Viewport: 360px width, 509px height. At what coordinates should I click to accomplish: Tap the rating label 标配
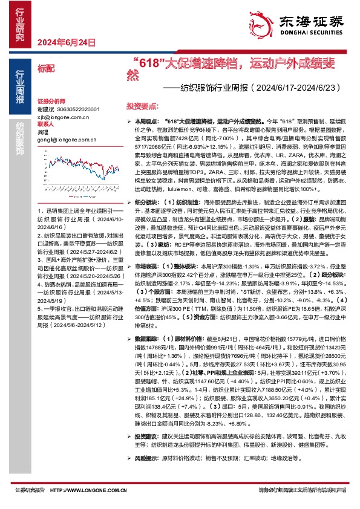pyautogui.click(x=45, y=70)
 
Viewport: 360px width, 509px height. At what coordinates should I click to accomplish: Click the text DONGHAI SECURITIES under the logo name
pyautogui.click(x=311, y=31)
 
